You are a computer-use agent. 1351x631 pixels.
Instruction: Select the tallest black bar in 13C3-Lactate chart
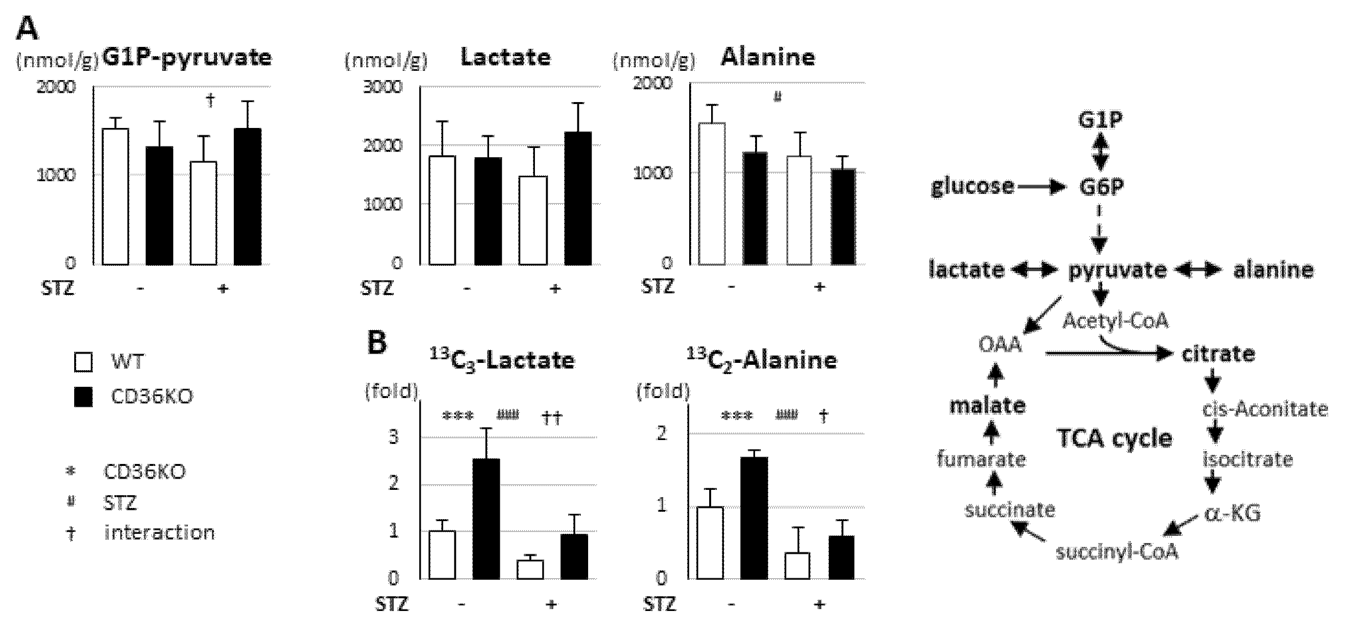click(486, 519)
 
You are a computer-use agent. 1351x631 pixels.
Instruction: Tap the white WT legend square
click(83, 362)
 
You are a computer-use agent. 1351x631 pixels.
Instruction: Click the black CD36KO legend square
click(83, 397)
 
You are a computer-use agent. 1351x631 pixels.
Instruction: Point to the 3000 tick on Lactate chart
click(382, 86)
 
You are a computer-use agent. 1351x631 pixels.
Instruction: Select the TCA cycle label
click(1114, 439)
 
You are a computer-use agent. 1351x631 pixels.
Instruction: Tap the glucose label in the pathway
click(972, 187)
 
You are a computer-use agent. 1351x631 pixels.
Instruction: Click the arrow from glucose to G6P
click(1041, 187)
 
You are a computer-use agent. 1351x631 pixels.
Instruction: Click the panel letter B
click(377, 343)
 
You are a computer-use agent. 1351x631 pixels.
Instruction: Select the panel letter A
click(27, 29)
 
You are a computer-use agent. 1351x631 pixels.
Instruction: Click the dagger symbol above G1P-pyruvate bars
click(210, 100)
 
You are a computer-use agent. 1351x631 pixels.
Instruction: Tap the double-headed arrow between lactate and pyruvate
click(1034, 270)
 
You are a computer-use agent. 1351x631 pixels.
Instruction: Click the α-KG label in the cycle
click(1232, 513)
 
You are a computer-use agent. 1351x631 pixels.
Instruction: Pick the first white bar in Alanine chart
click(712, 193)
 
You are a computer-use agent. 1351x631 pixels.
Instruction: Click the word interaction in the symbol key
click(160, 533)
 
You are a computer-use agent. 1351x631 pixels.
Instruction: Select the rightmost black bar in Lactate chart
click(578, 198)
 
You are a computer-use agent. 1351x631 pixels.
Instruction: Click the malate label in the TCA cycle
click(987, 406)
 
